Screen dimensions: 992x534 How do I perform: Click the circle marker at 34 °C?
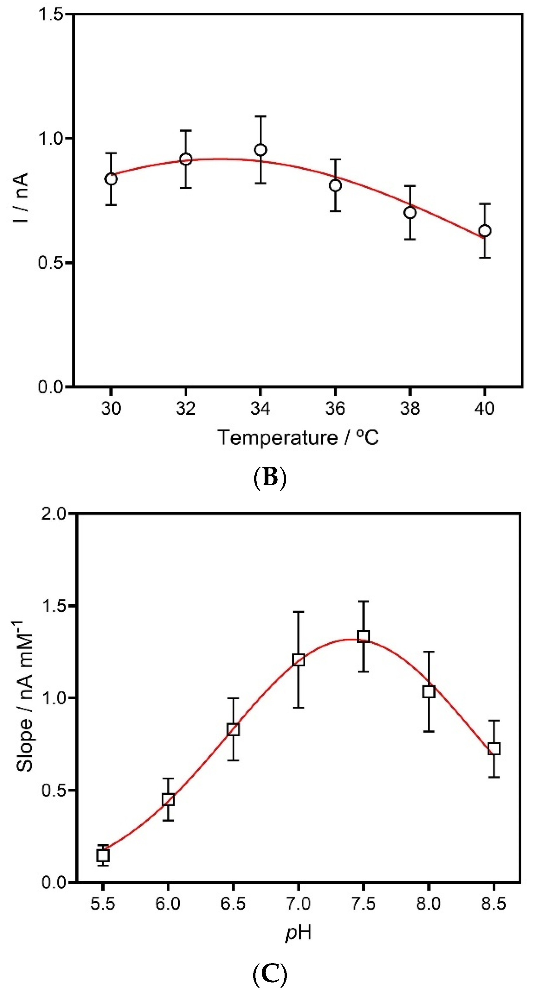(x=261, y=150)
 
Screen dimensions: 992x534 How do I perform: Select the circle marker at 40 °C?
(x=485, y=231)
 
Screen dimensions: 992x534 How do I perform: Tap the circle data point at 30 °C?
(x=111, y=179)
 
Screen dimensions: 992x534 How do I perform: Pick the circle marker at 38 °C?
(x=410, y=213)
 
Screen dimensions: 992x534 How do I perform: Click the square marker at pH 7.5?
(x=363, y=637)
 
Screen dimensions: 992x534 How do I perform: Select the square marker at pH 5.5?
(x=103, y=855)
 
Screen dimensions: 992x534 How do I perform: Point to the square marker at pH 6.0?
(x=168, y=800)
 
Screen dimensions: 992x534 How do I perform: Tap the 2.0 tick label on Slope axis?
(x=54, y=514)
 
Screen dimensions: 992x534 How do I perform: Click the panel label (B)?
(x=270, y=478)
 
